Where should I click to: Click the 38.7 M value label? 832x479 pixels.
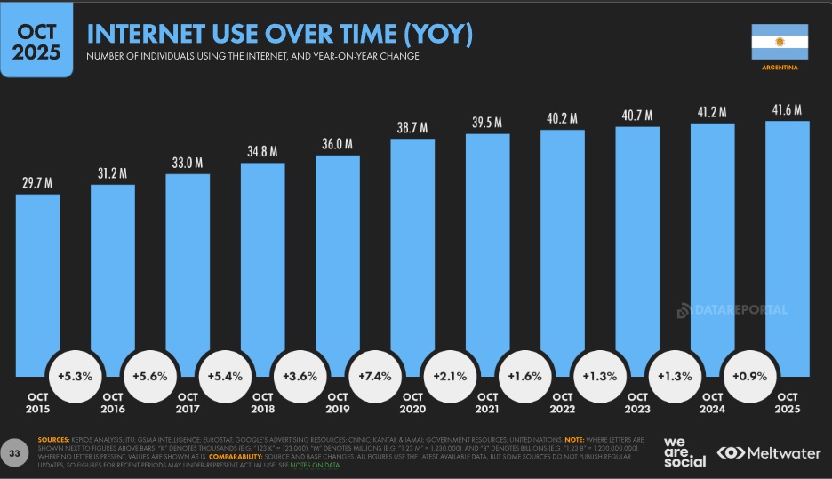(412, 128)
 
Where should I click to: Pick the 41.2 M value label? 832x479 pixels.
(712, 112)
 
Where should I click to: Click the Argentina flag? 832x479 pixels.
(780, 42)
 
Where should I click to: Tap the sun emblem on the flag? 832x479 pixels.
(780, 42)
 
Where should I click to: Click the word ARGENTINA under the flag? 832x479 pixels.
(780, 68)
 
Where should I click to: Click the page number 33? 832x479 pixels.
(15, 454)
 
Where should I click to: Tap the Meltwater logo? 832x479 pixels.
(768, 452)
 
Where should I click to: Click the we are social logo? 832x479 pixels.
(684, 451)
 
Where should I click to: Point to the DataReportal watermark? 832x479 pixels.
(732, 310)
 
